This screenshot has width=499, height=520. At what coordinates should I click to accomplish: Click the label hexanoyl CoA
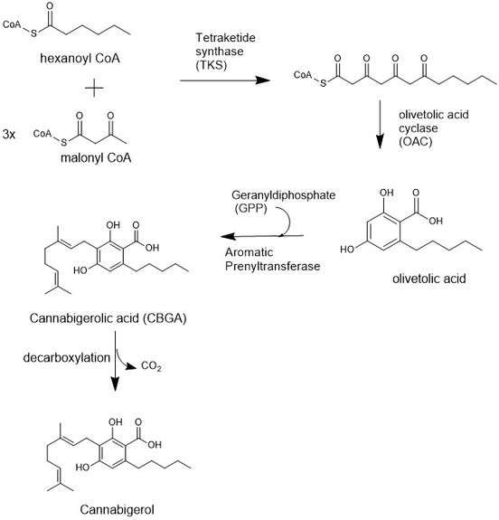point(80,59)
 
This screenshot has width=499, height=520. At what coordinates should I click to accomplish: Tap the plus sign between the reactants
point(94,89)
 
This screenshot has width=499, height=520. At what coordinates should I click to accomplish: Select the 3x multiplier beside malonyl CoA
point(9,135)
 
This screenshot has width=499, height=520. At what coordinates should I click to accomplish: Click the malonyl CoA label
point(96,158)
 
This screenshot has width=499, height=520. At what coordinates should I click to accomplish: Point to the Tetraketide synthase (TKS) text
point(225,51)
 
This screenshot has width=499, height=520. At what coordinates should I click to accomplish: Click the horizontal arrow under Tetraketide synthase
point(225,80)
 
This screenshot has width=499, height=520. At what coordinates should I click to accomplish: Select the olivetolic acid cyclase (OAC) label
point(434,128)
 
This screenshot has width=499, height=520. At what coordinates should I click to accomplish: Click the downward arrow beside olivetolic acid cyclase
point(380,125)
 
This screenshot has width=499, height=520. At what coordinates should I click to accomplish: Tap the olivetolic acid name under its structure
point(429,279)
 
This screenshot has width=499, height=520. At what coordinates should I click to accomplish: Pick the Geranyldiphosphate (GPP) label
point(284,202)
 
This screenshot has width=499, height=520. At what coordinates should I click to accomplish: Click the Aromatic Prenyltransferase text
point(272,260)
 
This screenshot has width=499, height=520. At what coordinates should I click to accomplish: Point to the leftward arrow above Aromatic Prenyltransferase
point(262,236)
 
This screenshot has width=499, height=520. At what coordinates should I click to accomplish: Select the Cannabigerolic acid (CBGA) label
point(108,318)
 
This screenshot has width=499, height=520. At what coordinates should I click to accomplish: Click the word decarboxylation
point(67,358)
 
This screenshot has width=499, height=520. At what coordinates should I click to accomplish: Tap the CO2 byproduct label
point(151,365)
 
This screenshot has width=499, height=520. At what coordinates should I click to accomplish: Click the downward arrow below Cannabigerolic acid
point(115,361)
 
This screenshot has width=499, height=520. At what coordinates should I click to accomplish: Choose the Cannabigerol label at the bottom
point(117,510)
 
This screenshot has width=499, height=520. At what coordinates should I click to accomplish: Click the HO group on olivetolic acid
point(347,249)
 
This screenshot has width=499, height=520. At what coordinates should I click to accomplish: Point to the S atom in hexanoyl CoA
point(33,33)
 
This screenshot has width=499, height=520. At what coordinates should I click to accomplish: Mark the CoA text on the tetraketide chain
point(303,75)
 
